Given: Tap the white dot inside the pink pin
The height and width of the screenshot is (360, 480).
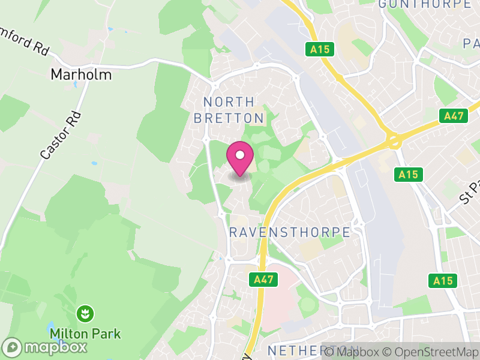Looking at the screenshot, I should (240, 155).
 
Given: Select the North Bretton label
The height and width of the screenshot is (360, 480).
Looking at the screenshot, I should (229, 110).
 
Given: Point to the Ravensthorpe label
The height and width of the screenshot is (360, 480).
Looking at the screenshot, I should (290, 232).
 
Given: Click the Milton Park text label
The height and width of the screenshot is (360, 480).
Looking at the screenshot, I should (85, 334).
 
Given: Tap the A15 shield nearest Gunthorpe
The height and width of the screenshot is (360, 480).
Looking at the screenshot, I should (320, 49).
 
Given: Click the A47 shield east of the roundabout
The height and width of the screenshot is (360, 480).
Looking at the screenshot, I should (453, 116).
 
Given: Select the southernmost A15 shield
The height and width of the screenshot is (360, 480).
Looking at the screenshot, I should (443, 280).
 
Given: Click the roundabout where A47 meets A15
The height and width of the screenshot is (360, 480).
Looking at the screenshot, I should (394, 142).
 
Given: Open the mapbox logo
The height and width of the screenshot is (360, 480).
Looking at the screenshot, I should (46, 347).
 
